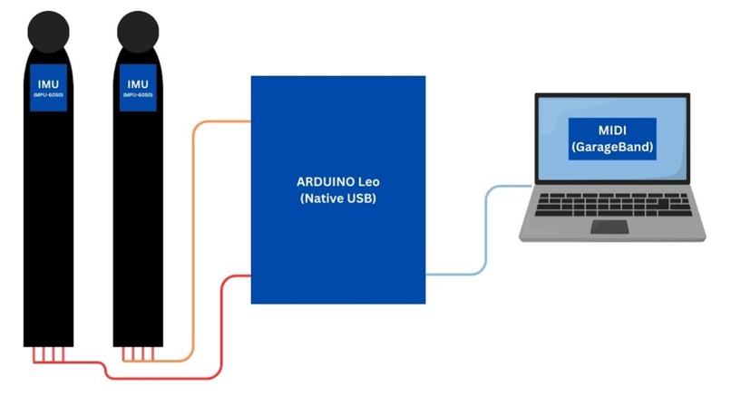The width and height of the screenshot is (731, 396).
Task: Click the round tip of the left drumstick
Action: coord(48,31)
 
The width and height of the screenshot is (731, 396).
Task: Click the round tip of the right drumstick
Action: coord(138,31)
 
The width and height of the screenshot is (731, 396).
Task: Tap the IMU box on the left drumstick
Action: coord(48,88)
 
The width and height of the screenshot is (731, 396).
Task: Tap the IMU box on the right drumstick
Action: coord(138,88)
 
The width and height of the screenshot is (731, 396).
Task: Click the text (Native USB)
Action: coord(338,198)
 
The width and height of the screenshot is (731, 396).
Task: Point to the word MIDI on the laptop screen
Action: coord(612,130)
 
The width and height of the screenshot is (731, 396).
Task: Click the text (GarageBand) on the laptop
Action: coord(612,147)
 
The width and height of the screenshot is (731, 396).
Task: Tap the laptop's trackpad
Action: coord(609,227)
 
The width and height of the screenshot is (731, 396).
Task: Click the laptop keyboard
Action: coord(613,205)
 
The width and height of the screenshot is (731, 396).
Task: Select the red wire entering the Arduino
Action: coord(220,326)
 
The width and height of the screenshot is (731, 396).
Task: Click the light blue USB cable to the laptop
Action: coord(486,230)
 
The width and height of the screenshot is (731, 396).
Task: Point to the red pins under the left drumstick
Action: coord(48,354)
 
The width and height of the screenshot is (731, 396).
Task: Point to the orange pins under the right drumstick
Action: coord(138,354)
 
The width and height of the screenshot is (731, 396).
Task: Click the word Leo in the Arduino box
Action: coord(369,182)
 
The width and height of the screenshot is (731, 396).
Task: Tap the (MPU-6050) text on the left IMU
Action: coord(48,95)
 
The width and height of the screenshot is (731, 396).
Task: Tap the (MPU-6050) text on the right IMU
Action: coord(138,95)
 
